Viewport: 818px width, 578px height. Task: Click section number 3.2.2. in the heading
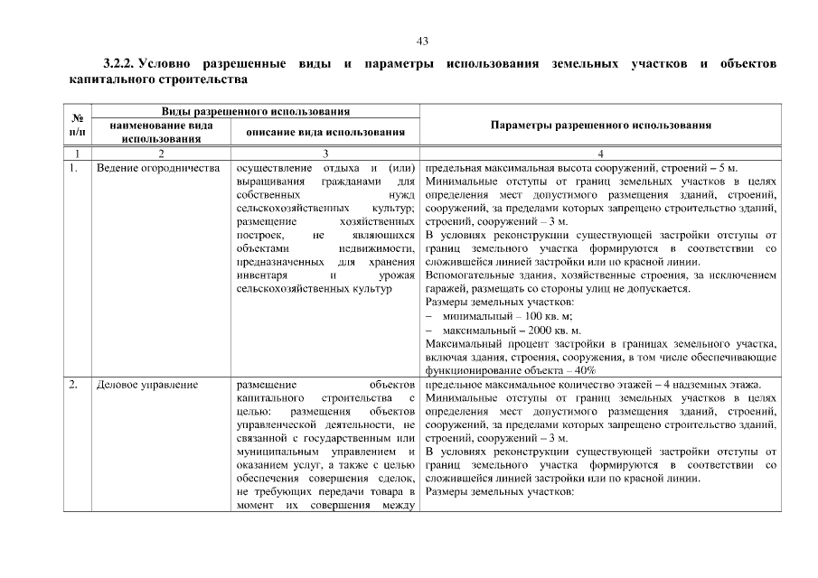[119, 65]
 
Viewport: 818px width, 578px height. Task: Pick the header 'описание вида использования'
[324, 133]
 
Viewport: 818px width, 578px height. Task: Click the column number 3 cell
[324, 154]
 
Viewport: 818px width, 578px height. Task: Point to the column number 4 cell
[600, 154]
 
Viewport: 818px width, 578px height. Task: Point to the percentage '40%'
[584, 370]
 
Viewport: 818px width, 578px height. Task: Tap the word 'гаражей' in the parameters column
[445, 289]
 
